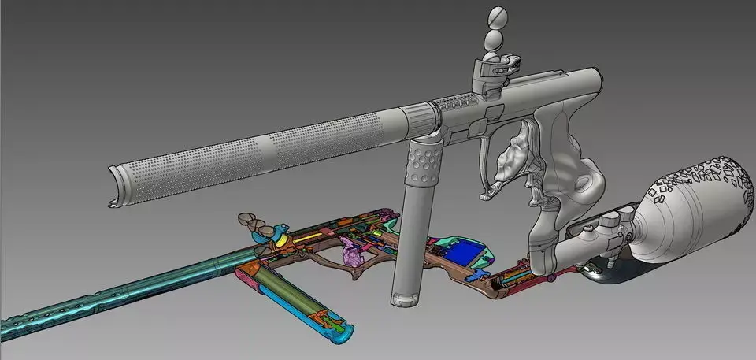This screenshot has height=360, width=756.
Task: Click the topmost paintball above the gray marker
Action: click(x=497, y=17)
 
